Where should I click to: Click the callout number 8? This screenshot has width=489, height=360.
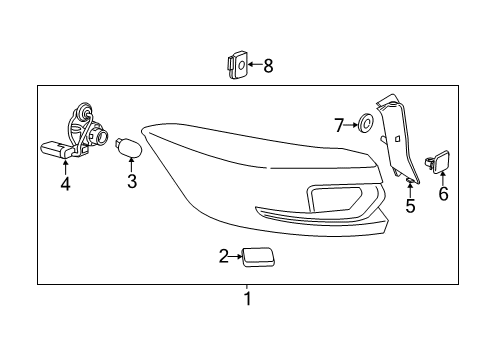268,66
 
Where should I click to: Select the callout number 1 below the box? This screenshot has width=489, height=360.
247,299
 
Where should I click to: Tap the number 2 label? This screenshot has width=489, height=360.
224,256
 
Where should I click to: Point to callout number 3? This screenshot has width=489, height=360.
132,181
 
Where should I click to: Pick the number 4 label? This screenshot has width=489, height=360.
65,184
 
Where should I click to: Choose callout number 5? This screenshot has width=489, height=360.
410,205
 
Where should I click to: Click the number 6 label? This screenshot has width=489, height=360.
443,194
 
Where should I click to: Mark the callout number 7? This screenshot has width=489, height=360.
339,125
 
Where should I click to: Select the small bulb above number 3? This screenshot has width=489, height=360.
129,148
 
